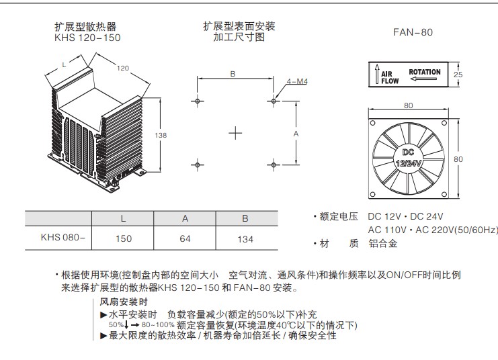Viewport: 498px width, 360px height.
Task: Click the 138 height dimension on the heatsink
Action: tap(161, 135)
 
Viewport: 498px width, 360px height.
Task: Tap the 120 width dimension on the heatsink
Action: tap(123, 68)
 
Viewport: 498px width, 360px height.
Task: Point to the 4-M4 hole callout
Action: tap(297, 81)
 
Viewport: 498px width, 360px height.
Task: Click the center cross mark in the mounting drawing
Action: tap(235, 133)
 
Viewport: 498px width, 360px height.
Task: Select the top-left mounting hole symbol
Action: tap(197, 101)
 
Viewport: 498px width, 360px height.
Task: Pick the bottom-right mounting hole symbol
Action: tap(274, 165)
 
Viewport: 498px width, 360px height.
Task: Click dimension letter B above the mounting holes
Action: tap(233, 74)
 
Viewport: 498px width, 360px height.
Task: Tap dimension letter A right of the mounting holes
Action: tap(296, 134)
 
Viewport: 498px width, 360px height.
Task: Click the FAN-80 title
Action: tap(413, 32)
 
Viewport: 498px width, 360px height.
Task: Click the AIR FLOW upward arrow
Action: tap(377, 74)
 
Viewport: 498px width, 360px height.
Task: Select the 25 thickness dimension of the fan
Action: tap(458, 75)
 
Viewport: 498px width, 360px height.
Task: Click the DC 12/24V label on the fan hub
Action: tap(408, 158)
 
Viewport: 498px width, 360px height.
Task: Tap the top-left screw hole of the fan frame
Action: tap(373, 123)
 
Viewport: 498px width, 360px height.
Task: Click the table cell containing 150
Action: tap(123, 238)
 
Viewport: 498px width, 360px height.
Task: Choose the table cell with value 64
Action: tap(185, 238)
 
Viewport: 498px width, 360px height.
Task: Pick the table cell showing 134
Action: tap(245, 238)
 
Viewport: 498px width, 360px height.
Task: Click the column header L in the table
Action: tap(123, 218)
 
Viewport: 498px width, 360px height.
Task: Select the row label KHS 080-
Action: tap(63, 237)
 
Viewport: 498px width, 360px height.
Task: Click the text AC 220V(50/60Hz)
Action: tap(456, 230)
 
